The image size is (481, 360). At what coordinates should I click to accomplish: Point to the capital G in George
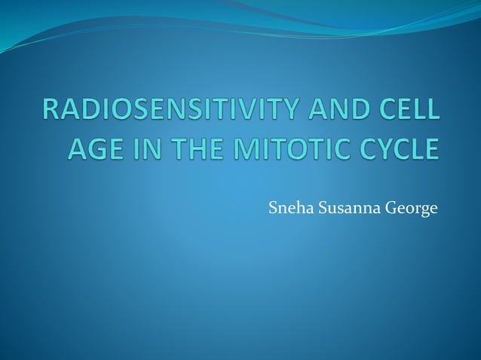coord(390,209)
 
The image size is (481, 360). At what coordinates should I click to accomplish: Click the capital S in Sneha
coord(273,209)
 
